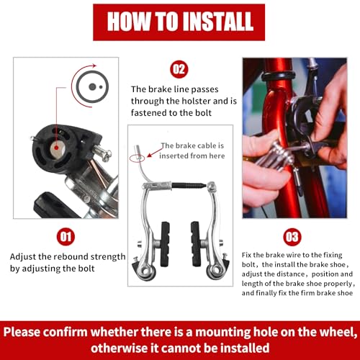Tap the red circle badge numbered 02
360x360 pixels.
tap(179, 69)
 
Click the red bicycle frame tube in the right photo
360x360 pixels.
tap(270, 108)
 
